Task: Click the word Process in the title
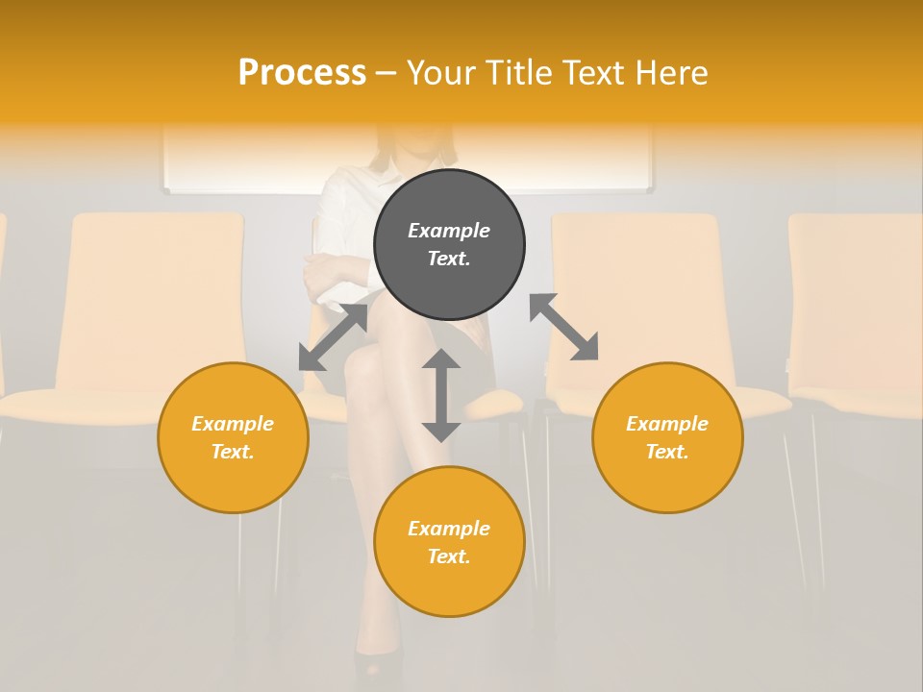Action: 302,73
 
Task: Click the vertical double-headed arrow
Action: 441,395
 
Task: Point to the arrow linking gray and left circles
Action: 333,336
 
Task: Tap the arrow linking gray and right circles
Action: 563,327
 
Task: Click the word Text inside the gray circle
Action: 449,259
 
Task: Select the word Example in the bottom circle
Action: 449,529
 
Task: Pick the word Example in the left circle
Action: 233,424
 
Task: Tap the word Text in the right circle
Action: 667,452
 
